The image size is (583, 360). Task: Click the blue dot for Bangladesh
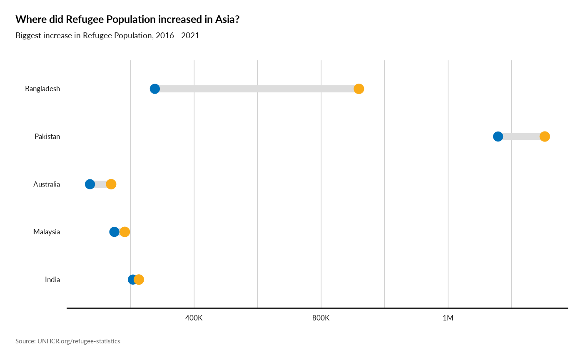pos(154,89)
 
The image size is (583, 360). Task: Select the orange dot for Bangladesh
pos(359,89)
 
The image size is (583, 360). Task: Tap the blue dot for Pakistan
pos(498,137)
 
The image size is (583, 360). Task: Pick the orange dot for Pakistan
pos(545,137)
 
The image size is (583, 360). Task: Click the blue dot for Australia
pos(90,184)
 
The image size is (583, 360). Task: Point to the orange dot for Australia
pos(111,184)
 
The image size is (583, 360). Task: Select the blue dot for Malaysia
pos(114,232)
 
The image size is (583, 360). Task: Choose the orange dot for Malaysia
pos(125,232)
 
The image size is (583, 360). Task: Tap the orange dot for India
pos(140,280)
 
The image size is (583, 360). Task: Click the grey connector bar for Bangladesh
pos(257,89)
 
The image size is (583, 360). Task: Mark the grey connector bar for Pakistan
pos(521,137)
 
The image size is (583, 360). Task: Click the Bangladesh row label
pos(42,89)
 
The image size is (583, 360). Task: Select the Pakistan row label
pos(47,137)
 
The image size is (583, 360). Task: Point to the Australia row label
pos(47,184)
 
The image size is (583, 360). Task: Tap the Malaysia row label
pos(47,232)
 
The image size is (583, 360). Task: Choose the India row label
pos(52,280)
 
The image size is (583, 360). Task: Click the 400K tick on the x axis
pos(194,318)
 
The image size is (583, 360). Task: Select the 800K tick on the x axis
pos(321,318)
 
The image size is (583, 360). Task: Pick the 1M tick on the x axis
pos(448,318)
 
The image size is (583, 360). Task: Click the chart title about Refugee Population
pos(107,36)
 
